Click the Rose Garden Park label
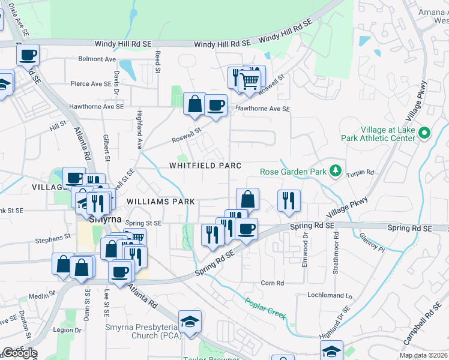pyautogui.click(x=293, y=172)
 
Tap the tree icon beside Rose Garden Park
pyautogui.click(x=335, y=172)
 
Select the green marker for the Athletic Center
pyautogui.click(x=425, y=133)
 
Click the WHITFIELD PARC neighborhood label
pyautogui.click(x=205, y=166)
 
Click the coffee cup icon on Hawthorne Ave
pyautogui.click(x=215, y=106)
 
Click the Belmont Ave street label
pyautogui.click(x=97, y=59)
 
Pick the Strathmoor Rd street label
pyautogui.click(x=336, y=258)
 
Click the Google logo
pyautogui.click(x=19, y=353)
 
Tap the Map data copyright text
pyautogui.click(x=424, y=355)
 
